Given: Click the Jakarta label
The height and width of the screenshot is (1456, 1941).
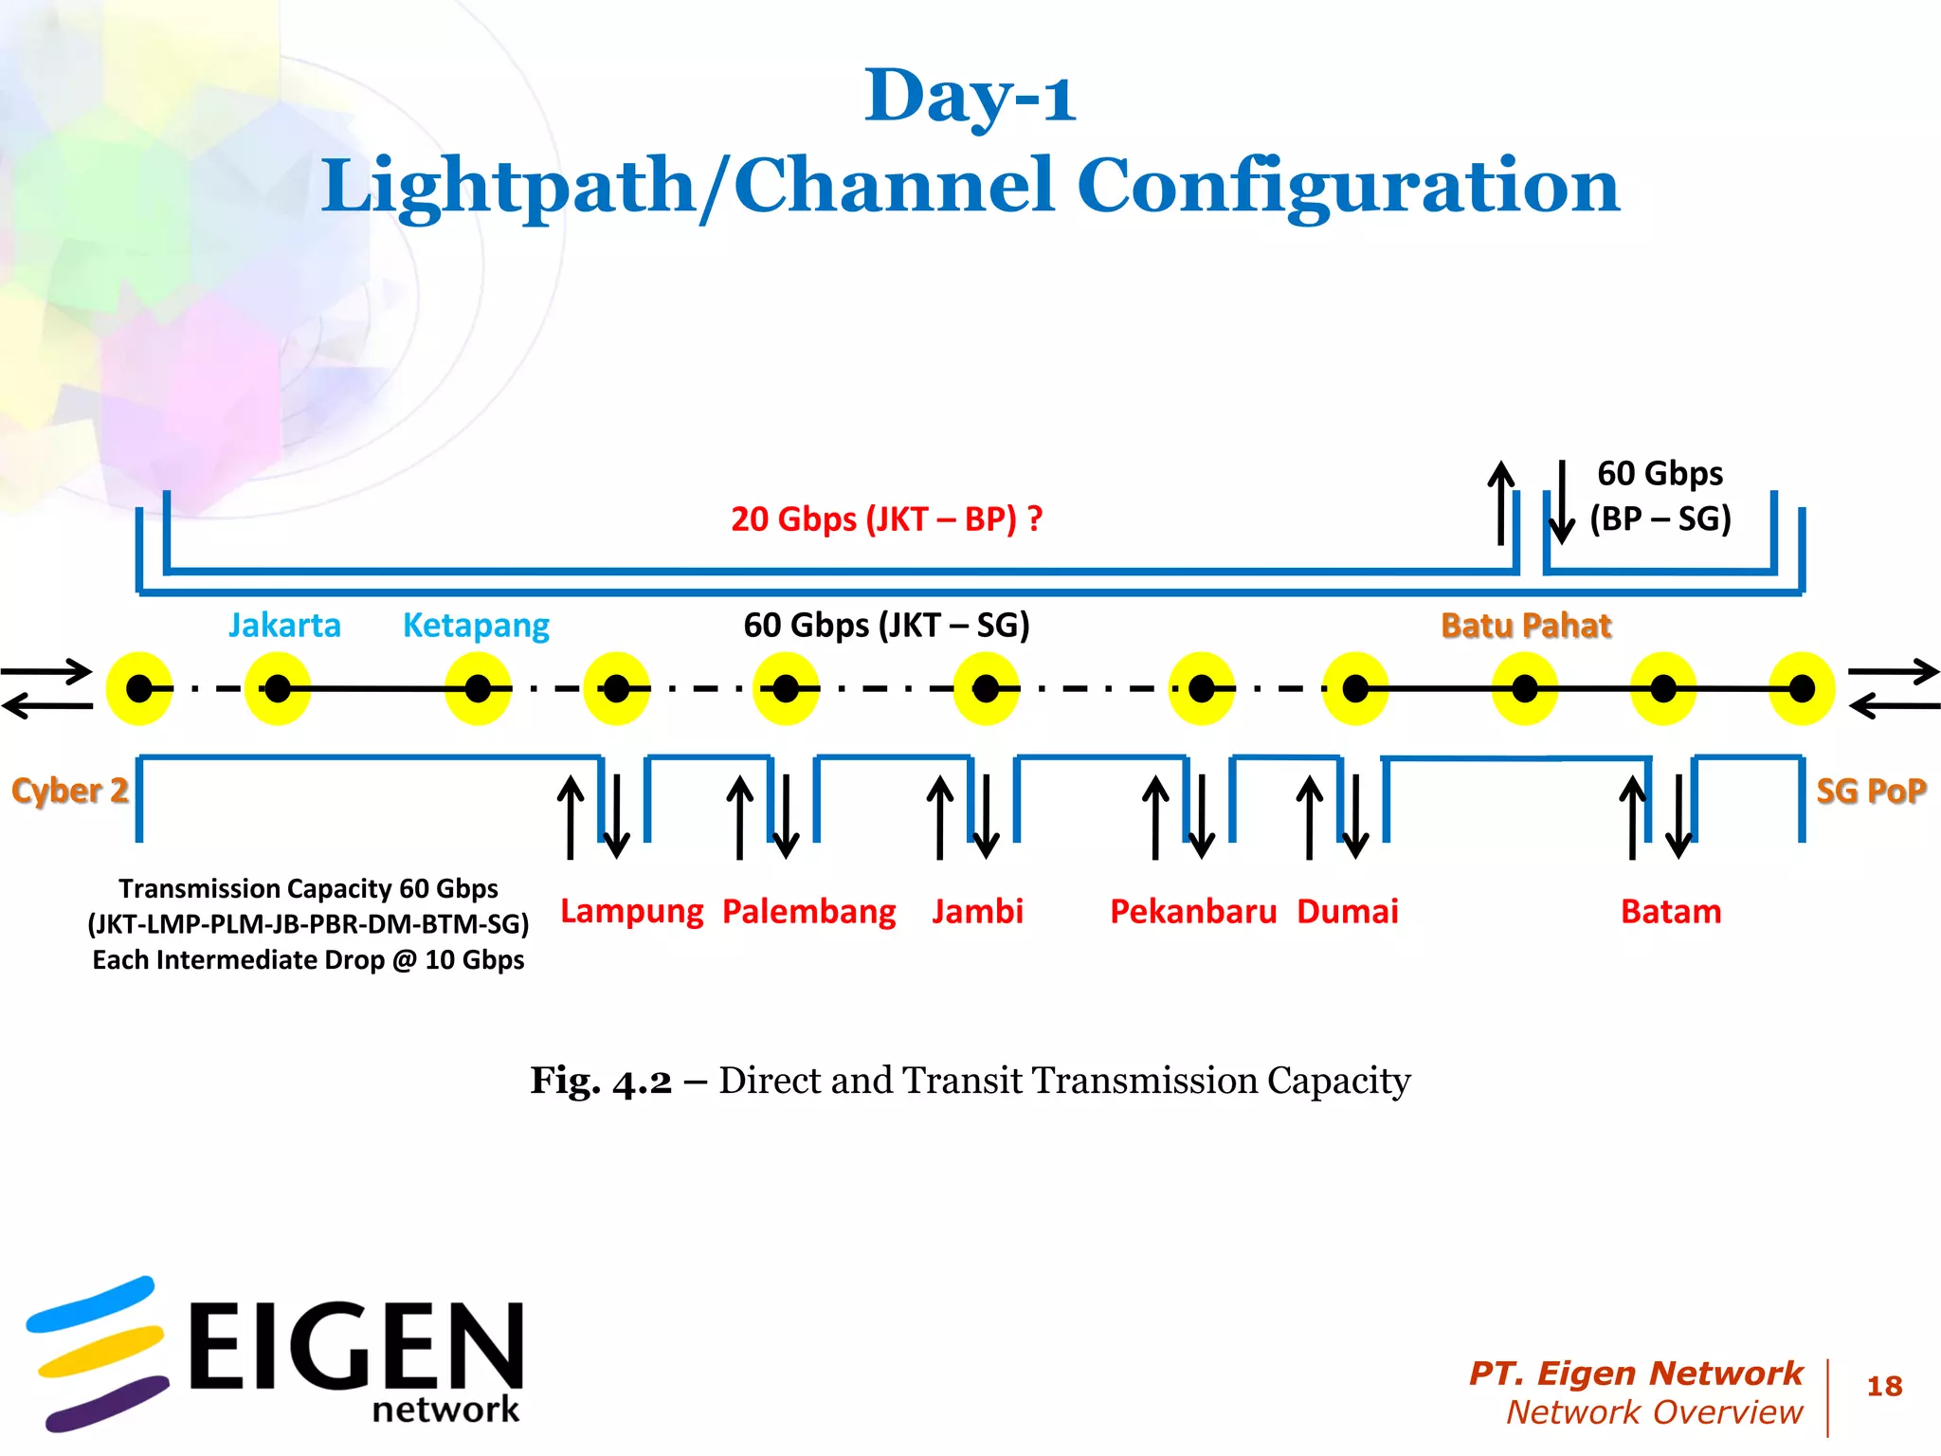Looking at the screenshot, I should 284,626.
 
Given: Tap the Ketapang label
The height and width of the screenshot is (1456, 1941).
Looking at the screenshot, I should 476,626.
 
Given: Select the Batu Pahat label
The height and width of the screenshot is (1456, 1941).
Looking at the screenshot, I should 1526,626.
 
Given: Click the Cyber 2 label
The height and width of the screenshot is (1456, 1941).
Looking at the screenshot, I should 69,791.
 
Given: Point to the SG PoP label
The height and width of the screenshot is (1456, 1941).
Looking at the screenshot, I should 1871,791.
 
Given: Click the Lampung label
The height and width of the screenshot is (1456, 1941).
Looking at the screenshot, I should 631,912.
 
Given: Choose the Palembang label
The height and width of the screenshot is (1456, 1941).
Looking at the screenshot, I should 808,912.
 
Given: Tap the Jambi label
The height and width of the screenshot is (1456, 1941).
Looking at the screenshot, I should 977,912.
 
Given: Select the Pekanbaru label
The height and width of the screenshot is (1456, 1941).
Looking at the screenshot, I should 1193,912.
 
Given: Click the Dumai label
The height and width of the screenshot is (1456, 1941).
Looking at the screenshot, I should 1347,912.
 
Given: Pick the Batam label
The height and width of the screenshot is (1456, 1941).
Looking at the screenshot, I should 1671,912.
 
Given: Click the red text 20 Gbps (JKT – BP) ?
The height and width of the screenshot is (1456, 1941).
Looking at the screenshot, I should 886,519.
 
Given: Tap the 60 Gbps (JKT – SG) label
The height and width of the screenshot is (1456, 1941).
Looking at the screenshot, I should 886,626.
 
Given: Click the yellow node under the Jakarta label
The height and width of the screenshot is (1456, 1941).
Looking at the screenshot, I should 278,689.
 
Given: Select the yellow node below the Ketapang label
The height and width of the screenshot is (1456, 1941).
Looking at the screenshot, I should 478,689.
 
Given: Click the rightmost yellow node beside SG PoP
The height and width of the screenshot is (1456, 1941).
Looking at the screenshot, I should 1802,689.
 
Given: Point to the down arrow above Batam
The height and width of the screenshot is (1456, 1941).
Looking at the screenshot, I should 1678,816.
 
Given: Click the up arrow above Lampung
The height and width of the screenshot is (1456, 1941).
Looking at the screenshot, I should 571,816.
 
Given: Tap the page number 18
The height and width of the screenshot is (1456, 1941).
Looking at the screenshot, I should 1884,1387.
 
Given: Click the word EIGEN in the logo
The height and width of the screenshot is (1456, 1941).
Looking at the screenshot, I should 355,1346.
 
